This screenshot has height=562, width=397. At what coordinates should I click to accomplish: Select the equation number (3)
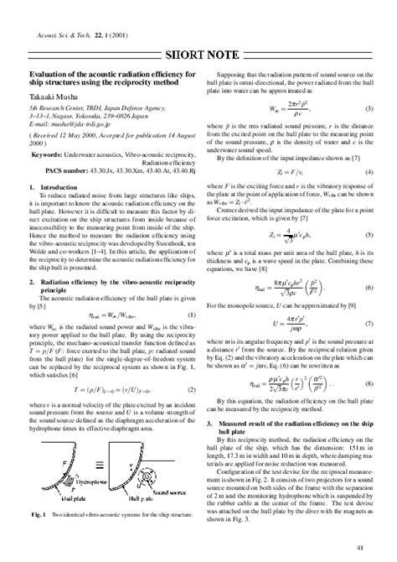[369, 110]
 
